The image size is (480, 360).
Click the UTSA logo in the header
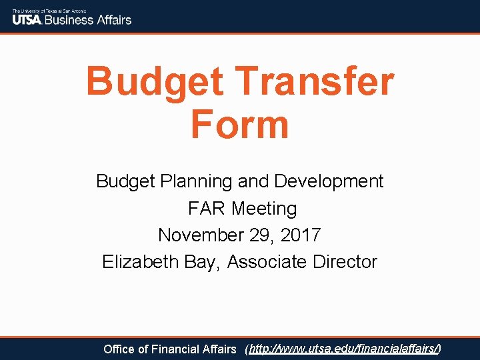point(27,19)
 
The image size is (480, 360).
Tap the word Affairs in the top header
point(113,19)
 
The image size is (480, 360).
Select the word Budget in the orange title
point(154,82)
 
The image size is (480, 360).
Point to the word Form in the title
point(239,125)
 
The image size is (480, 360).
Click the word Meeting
point(264,209)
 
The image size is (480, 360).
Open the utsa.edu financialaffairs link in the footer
point(343,349)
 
